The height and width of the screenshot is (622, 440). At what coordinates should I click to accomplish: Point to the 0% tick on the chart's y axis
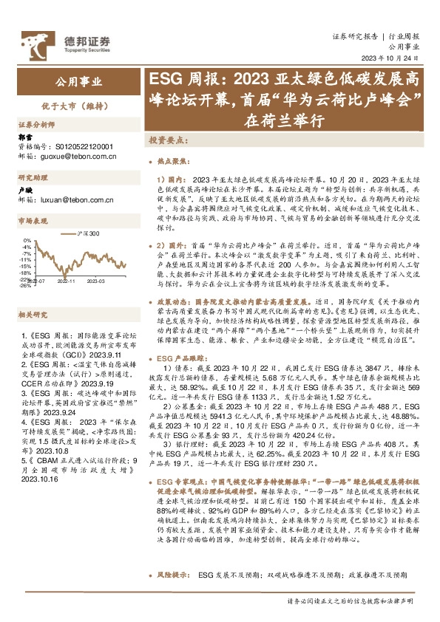point(27,240)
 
